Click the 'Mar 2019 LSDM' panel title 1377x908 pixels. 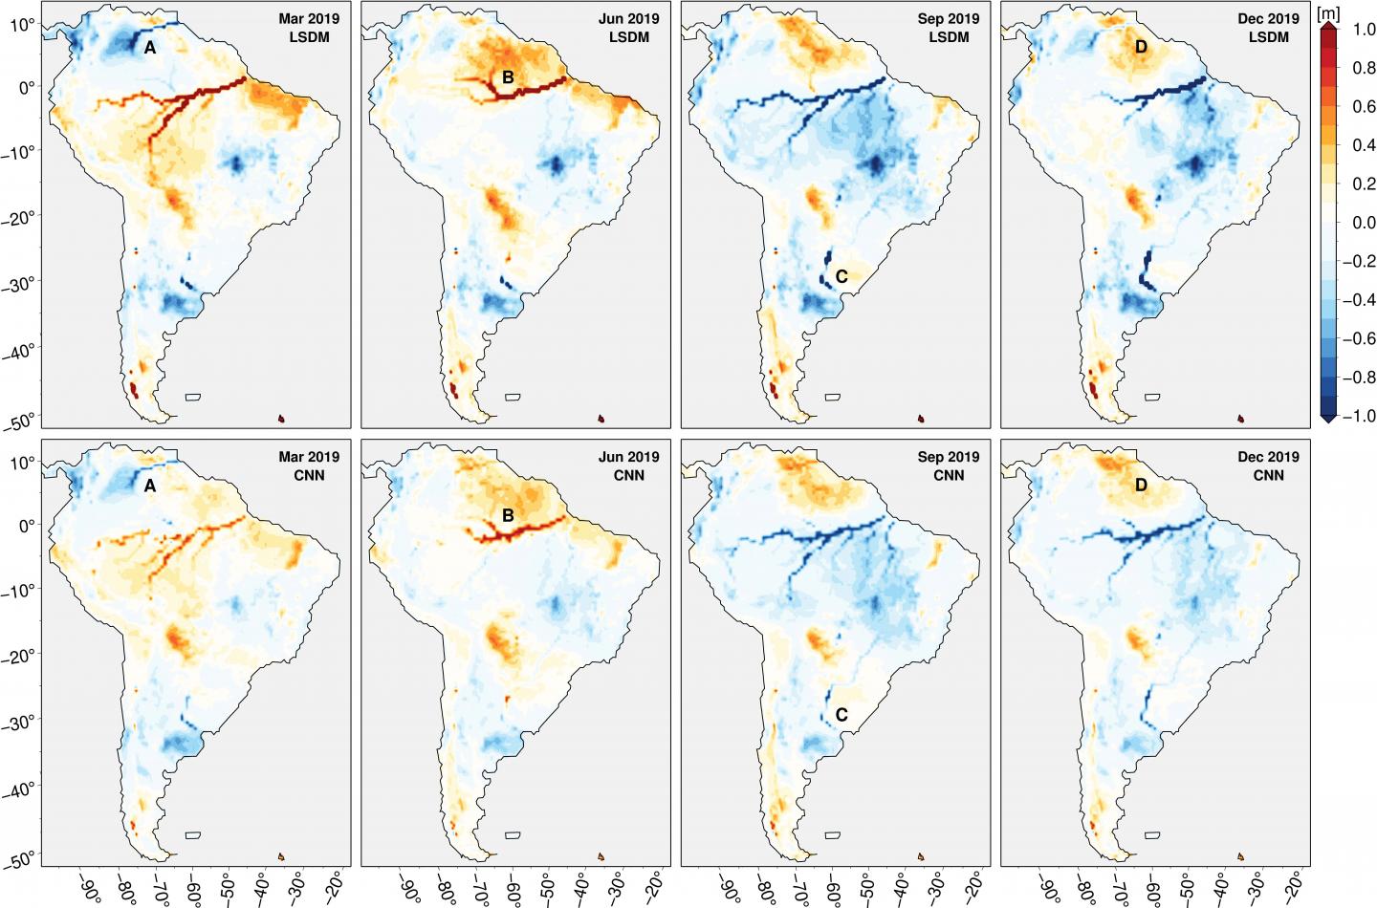(309, 28)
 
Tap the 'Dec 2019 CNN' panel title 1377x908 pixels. (1268, 465)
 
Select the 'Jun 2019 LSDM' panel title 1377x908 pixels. (628, 28)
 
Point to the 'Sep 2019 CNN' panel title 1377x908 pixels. (949, 465)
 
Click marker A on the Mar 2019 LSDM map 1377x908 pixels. (150, 48)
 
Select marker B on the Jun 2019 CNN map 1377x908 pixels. (508, 516)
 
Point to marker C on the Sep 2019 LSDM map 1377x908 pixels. (841, 277)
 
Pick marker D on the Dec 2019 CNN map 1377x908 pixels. (1141, 486)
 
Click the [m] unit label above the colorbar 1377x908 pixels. (1328, 13)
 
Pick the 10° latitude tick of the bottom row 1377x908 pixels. (23, 463)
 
